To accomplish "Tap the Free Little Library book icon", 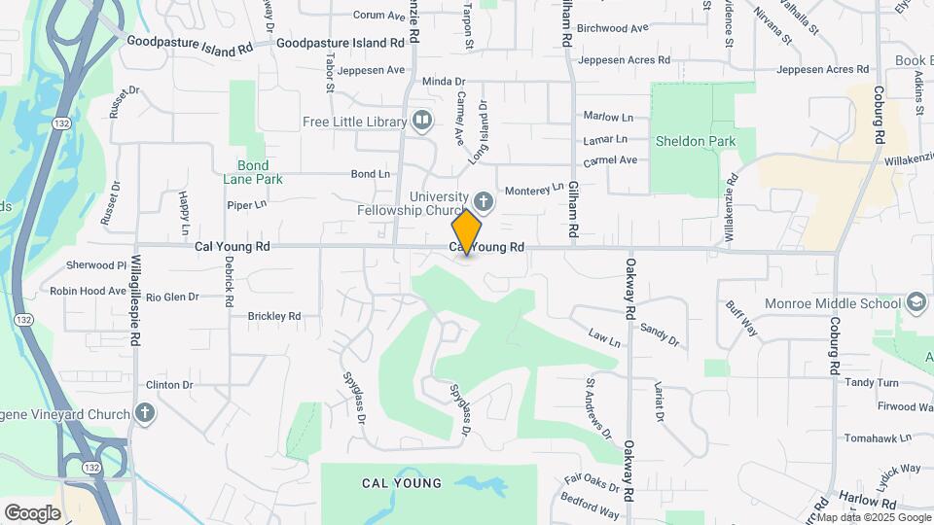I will (x=422, y=121).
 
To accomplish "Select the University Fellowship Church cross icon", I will (x=484, y=202).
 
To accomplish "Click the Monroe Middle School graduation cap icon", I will (x=916, y=302).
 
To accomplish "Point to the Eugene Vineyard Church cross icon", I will (x=145, y=414).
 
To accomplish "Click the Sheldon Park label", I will (x=695, y=141).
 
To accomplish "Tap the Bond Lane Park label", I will (x=252, y=172).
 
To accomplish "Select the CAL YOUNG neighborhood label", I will (x=401, y=483).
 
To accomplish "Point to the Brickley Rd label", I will (x=274, y=316).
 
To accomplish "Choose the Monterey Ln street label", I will (x=531, y=189).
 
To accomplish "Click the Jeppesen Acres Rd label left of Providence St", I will (x=624, y=60).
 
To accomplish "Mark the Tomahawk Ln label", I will (x=876, y=437).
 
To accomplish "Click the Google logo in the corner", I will (x=32, y=512).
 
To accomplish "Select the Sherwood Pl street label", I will (x=96, y=265).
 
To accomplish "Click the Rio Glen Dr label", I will (x=174, y=297).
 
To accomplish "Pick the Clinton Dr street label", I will (x=169, y=385).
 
